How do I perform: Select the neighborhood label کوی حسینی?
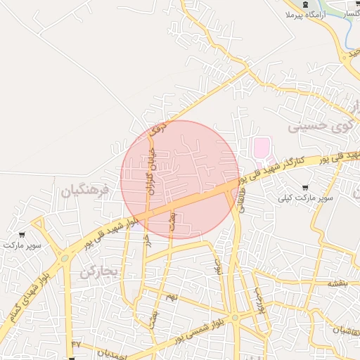[318, 127]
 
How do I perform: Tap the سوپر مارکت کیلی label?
[304, 197]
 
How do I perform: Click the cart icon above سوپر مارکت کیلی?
[304, 187]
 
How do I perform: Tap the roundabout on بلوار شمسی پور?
[235, 318]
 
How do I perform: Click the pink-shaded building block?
[261, 148]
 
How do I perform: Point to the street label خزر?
[147, 240]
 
